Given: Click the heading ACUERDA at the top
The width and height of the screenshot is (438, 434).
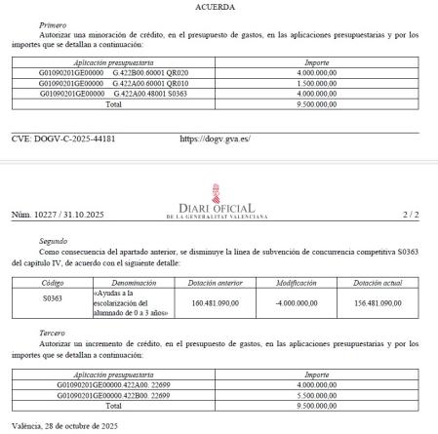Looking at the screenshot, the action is point(219,6).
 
